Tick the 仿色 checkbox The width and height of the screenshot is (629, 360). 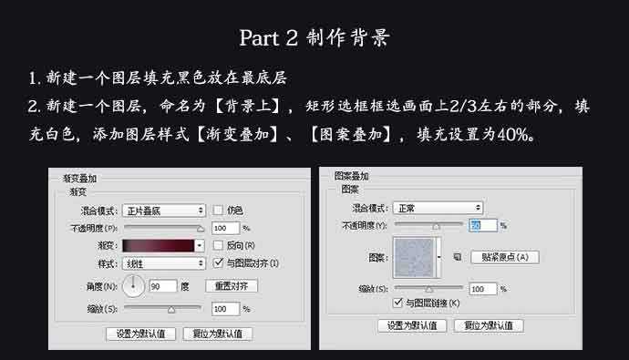(x=218, y=211)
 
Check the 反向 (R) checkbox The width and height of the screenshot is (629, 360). (x=218, y=245)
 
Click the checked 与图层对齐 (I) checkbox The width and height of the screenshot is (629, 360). (x=218, y=262)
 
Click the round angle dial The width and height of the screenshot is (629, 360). (x=133, y=287)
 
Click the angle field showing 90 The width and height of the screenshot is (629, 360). (x=162, y=286)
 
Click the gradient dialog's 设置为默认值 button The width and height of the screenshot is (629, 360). (x=140, y=334)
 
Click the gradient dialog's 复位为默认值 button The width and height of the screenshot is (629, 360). (x=218, y=334)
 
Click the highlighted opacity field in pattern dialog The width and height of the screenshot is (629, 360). (x=481, y=224)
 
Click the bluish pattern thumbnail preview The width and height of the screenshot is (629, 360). (x=415, y=257)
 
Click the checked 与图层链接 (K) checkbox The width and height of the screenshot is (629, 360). (x=397, y=303)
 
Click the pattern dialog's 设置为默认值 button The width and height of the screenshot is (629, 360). (x=411, y=325)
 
